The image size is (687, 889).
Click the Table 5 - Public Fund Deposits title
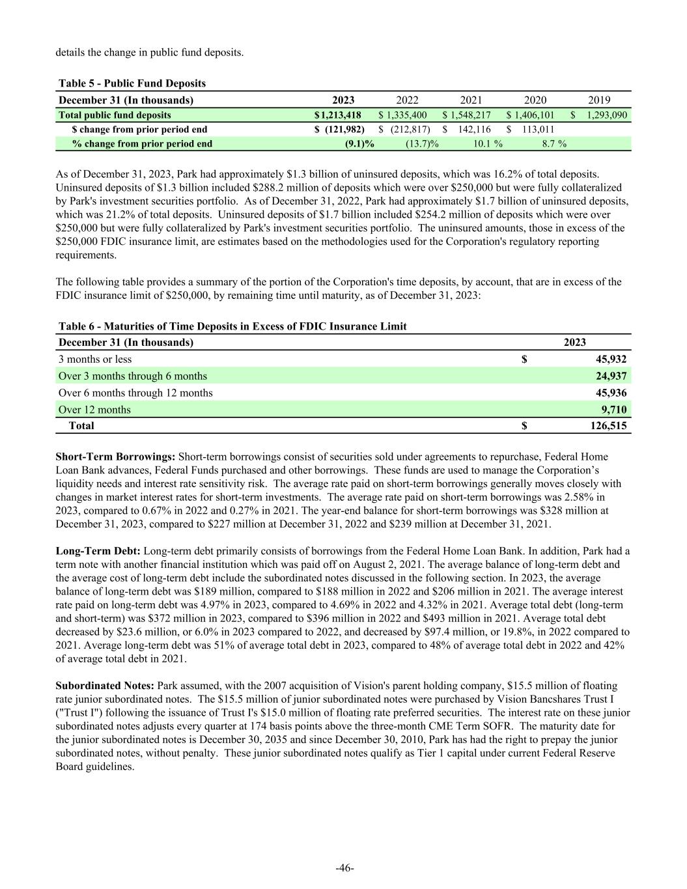pos(132,83)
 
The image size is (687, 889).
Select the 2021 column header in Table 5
pos(471,100)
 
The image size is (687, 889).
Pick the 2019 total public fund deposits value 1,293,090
pos(605,115)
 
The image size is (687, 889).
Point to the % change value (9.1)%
pos(359,144)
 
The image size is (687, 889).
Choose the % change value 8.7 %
pos(554,144)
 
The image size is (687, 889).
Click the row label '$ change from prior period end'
pos(139,130)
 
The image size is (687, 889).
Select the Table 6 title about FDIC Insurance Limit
pos(232,326)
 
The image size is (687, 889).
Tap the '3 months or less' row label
pos(95,360)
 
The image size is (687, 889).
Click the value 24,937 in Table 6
pos(611,376)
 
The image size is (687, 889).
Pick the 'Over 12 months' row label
pos(94,410)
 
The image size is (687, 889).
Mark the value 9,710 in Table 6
pos(614,410)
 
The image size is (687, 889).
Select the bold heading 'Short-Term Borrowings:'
pos(115,457)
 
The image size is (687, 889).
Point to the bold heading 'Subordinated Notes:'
pos(105,686)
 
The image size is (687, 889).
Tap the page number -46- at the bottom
pos(344,868)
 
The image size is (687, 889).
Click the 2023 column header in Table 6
pos(574,343)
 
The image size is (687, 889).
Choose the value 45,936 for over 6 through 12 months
pos(611,393)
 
